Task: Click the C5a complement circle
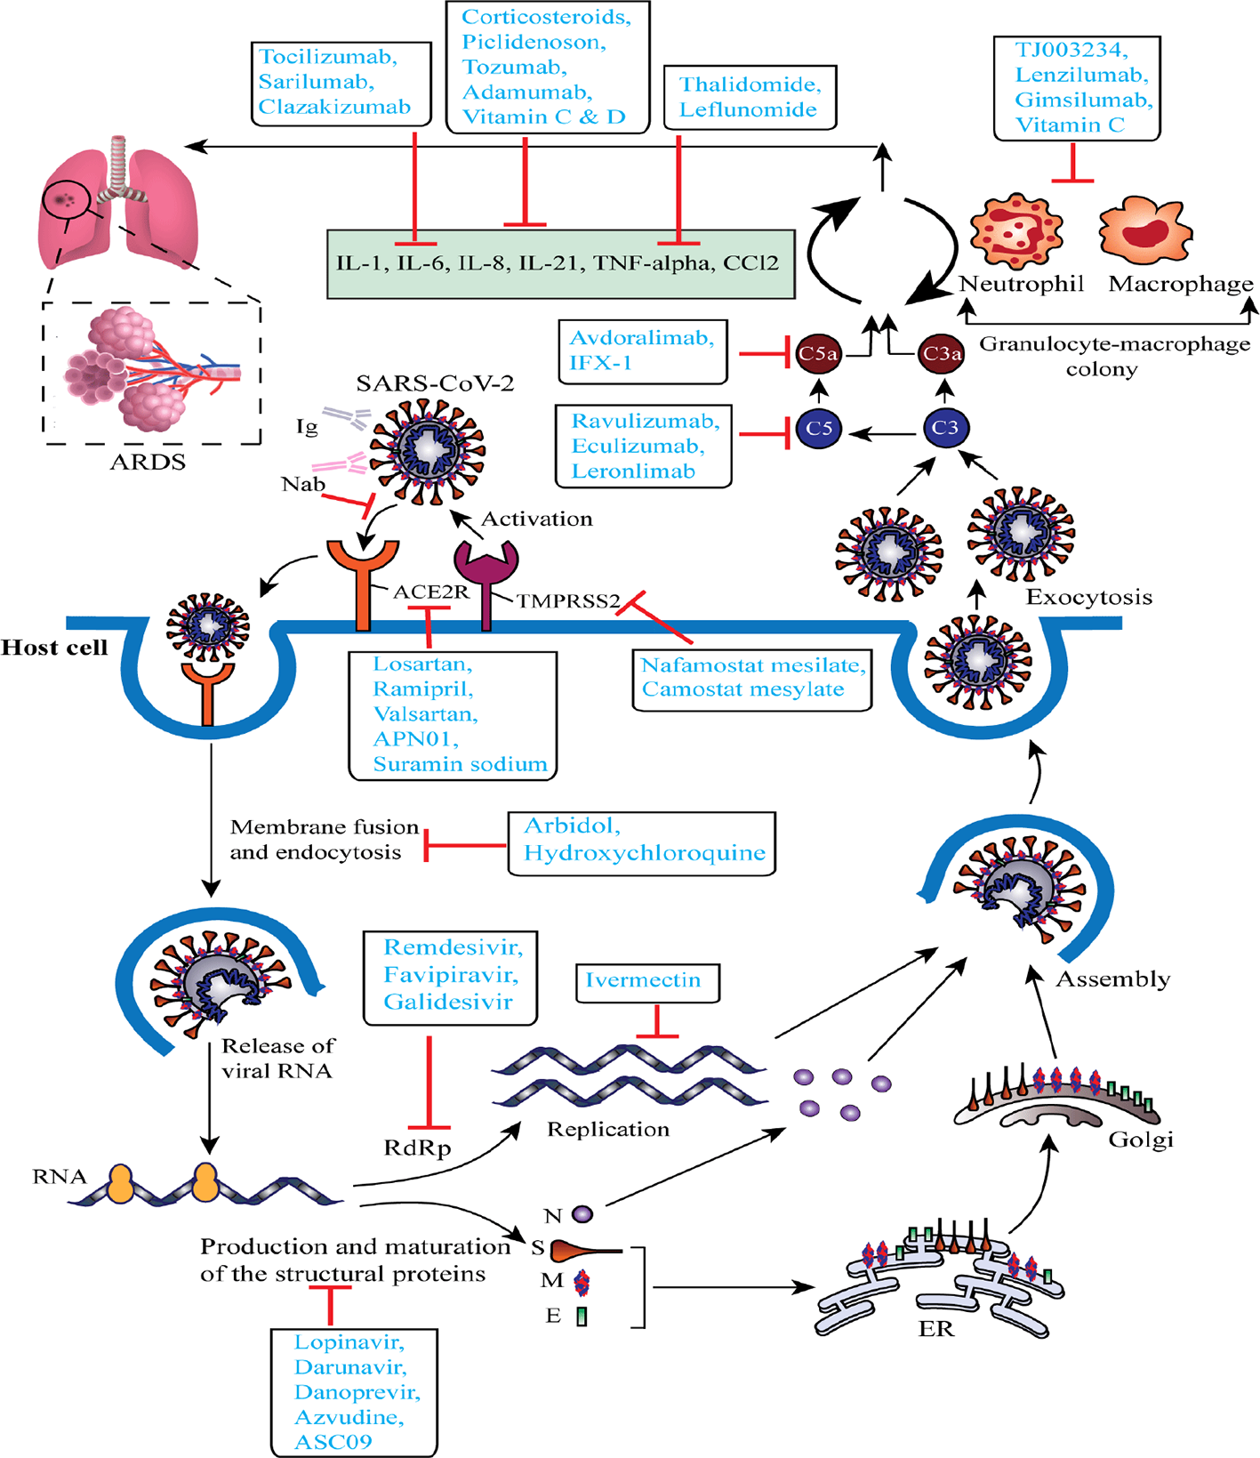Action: pos(817,353)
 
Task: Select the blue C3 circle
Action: pos(944,428)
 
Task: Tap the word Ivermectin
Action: pos(643,980)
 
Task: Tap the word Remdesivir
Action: pos(453,947)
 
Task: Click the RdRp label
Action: pos(417,1148)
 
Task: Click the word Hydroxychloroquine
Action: pos(644,853)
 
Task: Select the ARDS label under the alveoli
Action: pos(148,463)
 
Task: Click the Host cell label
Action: pos(54,648)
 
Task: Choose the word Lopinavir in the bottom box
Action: pos(349,1341)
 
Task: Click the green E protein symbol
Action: pos(582,1316)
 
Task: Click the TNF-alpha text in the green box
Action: pos(653,263)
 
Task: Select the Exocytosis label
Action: pos(1088,598)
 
